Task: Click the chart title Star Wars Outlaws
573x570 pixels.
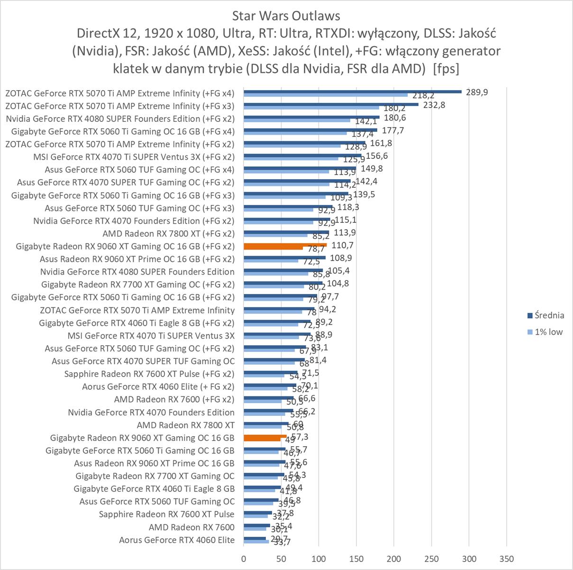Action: [x=286, y=16]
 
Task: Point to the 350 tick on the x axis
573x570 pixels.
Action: [x=507, y=559]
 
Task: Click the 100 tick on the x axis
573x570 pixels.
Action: [x=318, y=559]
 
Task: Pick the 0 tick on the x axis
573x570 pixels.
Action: [x=244, y=559]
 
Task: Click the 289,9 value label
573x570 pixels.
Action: [x=477, y=92]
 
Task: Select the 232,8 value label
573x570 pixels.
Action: [x=434, y=105]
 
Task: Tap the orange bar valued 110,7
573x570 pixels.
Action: [x=285, y=245]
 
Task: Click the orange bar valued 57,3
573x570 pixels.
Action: [x=265, y=436]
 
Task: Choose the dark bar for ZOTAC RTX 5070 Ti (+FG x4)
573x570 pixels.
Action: [x=352, y=92]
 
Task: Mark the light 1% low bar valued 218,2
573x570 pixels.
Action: [x=325, y=95]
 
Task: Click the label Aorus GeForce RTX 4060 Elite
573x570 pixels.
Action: [x=177, y=540]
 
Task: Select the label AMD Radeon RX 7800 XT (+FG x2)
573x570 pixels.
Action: [x=168, y=233]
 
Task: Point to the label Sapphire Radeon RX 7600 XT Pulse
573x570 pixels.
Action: [x=166, y=514]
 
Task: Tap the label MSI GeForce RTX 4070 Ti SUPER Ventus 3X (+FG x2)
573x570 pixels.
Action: [x=134, y=156]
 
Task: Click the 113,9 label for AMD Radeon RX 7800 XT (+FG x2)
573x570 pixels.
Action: [x=345, y=232]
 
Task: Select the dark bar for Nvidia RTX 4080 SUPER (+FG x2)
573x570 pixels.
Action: [x=311, y=117]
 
